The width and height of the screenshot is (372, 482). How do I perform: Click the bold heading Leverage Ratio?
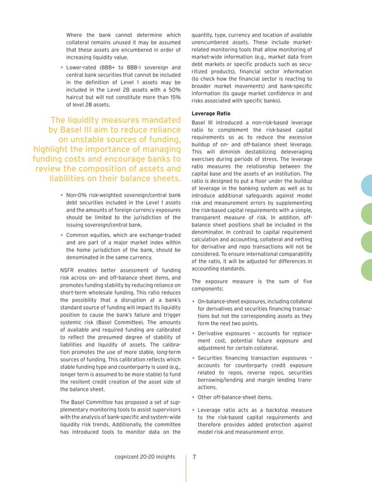[213, 113]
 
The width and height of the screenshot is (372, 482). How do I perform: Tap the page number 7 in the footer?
[195, 456]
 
